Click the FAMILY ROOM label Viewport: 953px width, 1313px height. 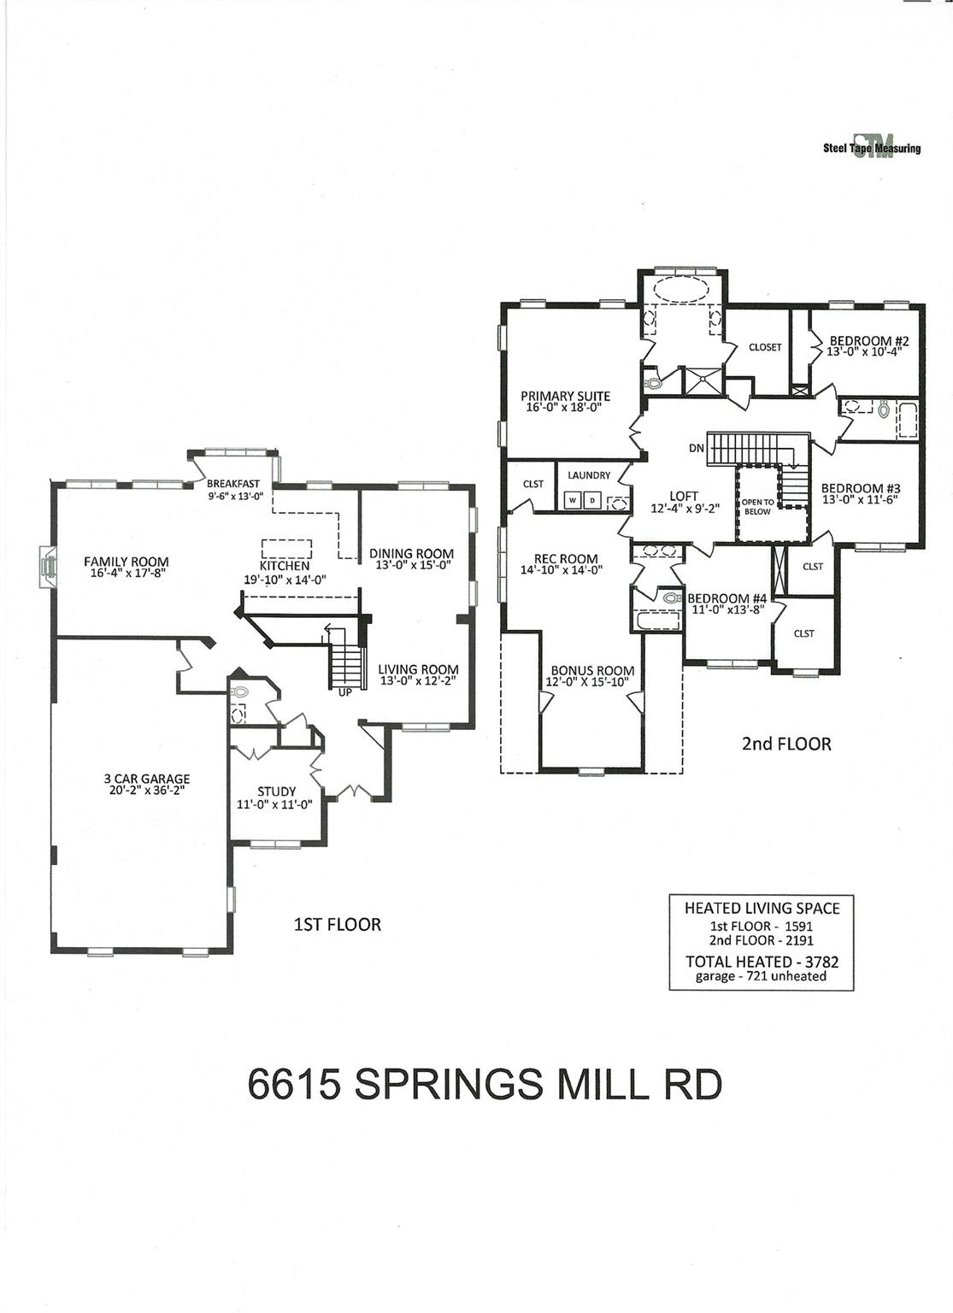click(126, 562)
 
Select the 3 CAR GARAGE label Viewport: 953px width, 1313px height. click(146, 779)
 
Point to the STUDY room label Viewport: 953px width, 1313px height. click(276, 792)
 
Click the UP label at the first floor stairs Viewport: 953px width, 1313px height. click(344, 692)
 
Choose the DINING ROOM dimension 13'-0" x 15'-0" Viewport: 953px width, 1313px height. click(411, 565)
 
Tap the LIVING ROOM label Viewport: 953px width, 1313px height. click(418, 669)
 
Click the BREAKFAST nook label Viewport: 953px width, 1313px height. click(232, 484)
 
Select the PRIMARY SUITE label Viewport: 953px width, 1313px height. click(565, 396)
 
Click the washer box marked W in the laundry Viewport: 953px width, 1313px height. click(572, 500)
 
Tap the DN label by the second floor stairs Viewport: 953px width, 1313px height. click(696, 448)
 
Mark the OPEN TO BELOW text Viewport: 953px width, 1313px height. click(756, 507)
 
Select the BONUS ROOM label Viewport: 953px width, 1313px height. click(592, 671)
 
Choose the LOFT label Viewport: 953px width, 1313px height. click(684, 496)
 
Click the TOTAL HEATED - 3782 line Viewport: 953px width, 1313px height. click(762, 962)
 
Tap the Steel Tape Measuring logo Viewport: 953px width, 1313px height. click(872, 148)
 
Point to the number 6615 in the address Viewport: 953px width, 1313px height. click(295, 1085)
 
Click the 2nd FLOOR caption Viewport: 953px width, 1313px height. click(785, 744)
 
